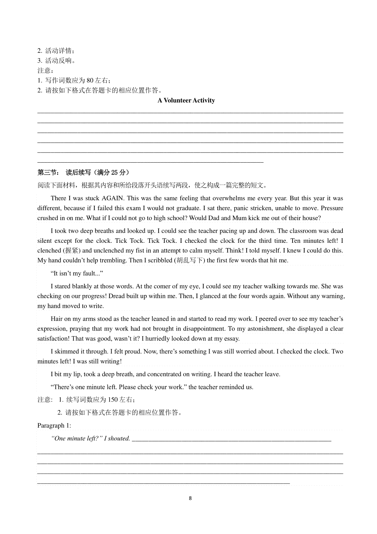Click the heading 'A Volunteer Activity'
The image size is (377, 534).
coord(186,101)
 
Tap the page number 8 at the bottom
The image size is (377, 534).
coord(190,498)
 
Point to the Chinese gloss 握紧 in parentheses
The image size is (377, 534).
coord(72,251)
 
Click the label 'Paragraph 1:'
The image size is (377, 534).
coord(54,426)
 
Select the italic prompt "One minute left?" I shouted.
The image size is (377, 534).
coord(90,438)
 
